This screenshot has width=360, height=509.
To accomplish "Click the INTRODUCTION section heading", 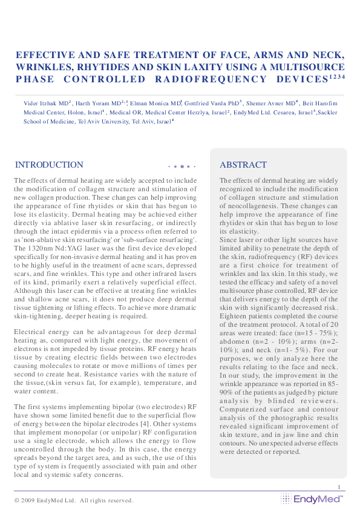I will (49, 165).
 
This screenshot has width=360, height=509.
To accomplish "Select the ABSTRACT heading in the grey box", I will (243, 165).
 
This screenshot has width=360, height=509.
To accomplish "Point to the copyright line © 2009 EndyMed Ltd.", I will (73, 500).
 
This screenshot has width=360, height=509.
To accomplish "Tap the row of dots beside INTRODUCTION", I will (182, 166).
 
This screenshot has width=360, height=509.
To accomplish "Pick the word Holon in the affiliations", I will (65, 112).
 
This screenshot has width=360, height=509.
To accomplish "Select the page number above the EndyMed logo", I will (340, 487).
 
